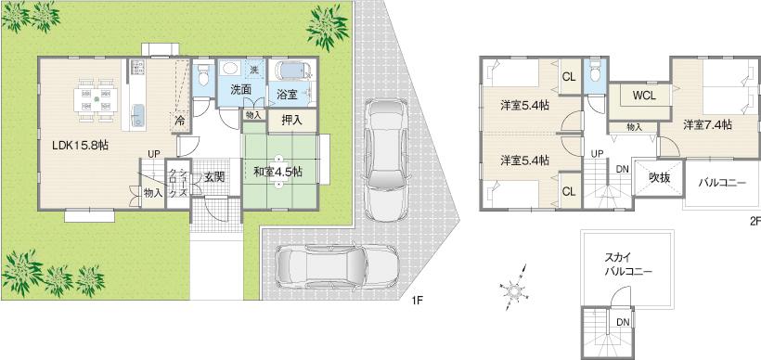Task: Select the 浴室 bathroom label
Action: tap(287, 95)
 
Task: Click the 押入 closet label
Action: tap(291, 119)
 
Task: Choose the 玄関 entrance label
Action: tap(214, 176)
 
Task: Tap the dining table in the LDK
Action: tap(97, 96)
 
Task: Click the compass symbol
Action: tap(513, 291)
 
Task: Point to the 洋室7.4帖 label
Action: tap(707, 123)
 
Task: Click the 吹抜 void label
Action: tap(660, 176)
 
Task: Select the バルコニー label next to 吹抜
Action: tap(722, 183)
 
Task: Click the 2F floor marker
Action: tap(754, 221)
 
